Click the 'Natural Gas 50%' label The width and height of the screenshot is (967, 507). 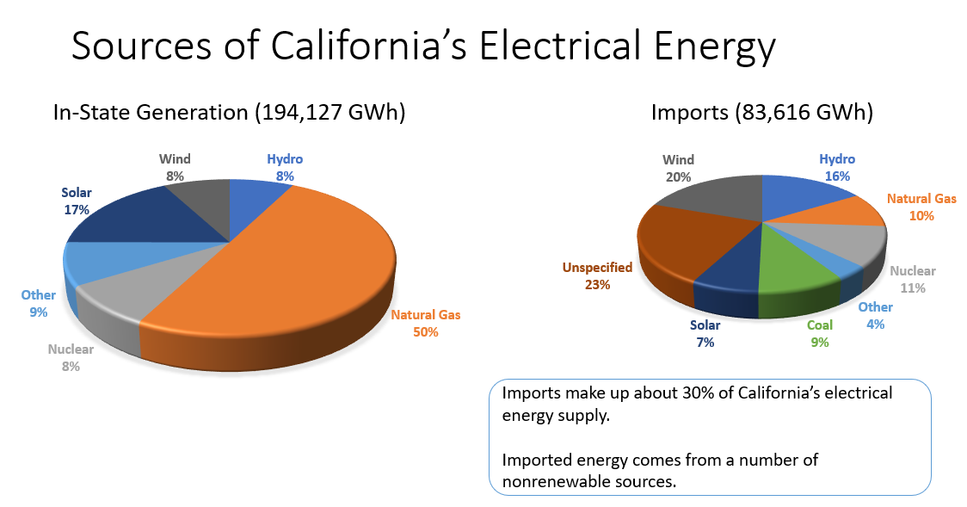tap(425, 323)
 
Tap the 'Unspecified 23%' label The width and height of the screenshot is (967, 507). tap(597, 275)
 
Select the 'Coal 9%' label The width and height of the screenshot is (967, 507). tap(819, 334)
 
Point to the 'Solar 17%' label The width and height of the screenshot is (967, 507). tap(77, 201)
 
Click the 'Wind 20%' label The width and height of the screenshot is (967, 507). tap(678, 168)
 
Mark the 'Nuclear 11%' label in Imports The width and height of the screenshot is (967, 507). tap(912, 279)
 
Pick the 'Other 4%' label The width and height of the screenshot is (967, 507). tap(875, 315)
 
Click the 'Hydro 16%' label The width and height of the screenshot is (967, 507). tap(836, 167)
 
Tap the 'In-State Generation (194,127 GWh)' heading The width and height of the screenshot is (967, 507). tap(229, 113)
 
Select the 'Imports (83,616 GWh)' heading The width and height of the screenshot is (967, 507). tap(761, 113)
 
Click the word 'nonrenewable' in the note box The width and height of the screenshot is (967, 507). tap(559, 480)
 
